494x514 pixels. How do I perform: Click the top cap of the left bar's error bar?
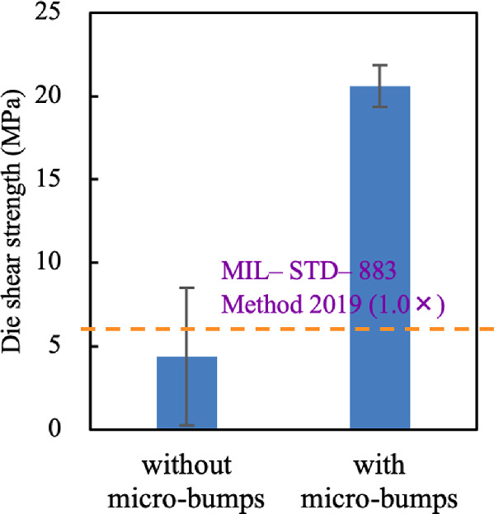click(x=186, y=287)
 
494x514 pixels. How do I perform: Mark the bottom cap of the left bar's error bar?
click(x=186, y=425)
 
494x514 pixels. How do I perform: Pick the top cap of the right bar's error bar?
click(x=380, y=65)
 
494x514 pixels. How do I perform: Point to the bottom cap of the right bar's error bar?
click(x=380, y=106)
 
